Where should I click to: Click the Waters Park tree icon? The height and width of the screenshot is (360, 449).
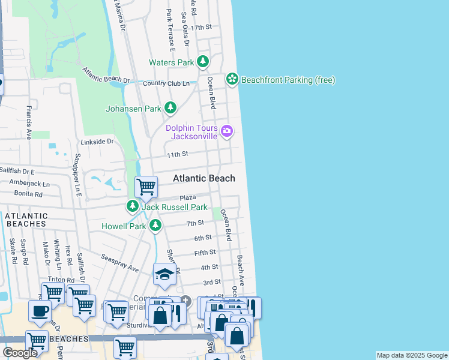coord(203,62)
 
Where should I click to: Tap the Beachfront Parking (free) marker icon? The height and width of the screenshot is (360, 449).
coord(232,79)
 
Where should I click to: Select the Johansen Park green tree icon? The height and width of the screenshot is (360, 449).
coord(171,108)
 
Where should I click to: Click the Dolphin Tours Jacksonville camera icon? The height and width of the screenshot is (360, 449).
coord(227,131)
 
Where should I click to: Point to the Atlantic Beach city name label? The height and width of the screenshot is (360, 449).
coord(204,178)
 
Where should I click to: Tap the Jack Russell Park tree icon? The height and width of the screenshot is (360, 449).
coord(132,206)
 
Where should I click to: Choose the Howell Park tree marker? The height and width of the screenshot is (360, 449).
coord(155,225)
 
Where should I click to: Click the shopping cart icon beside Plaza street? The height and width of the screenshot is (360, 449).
coord(146,187)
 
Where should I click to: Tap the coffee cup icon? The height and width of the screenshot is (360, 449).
coord(40,312)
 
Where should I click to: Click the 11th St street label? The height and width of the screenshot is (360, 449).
coord(178,154)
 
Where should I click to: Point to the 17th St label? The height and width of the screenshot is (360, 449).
coord(202,28)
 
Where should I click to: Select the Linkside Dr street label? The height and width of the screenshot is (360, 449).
coord(97,142)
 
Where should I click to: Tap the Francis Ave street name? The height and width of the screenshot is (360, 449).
coord(28,122)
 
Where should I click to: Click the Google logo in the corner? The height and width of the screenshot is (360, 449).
coord(20,353)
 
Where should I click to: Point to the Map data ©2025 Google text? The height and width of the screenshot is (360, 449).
coord(411,355)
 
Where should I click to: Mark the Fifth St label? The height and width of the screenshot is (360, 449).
coord(205,253)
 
